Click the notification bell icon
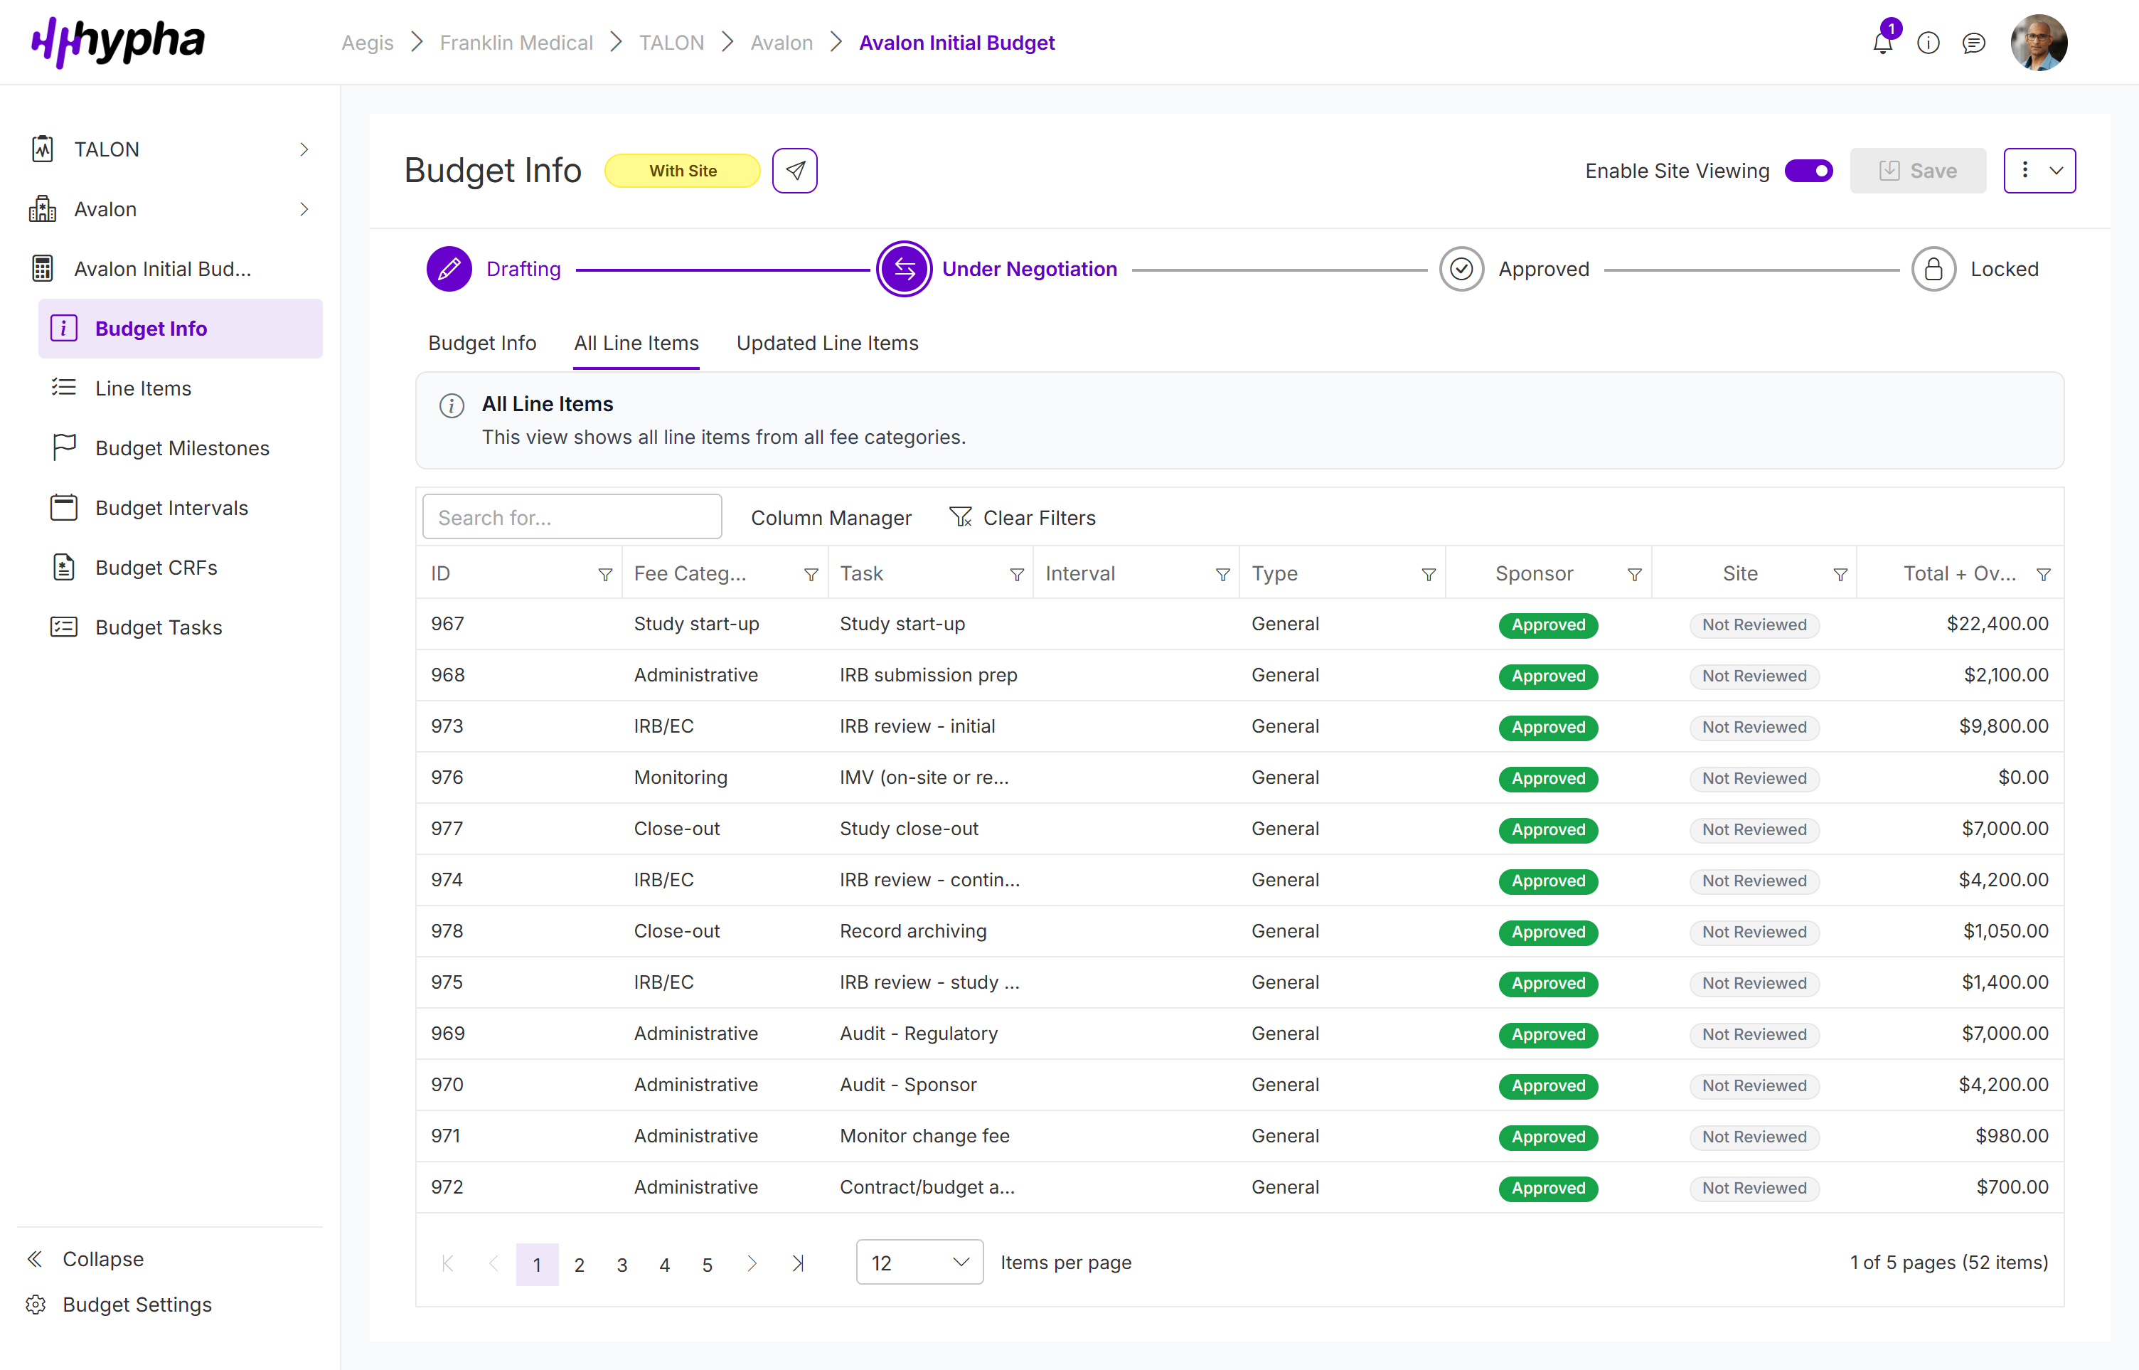click(x=1882, y=43)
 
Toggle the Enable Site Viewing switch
click(x=1808, y=171)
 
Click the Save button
click(x=1918, y=171)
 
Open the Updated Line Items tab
click(x=827, y=344)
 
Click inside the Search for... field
click(x=572, y=517)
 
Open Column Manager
click(x=831, y=518)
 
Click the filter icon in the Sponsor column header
click(x=1634, y=575)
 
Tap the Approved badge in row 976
click(x=1547, y=778)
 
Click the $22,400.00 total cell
click(x=1997, y=624)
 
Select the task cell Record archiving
click(x=913, y=930)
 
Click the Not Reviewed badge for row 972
click(x=1754, y=1188)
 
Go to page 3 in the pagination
click(x=622, y=1264)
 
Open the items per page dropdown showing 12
click(x=919, y=1263)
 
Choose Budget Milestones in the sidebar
click(x=182, y=448)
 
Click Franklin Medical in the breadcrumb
click(x=516, y=43)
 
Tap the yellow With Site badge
click(x=682, y=171)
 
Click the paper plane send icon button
click(x=794, y=171)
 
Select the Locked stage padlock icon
click(x=1933, y=270)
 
